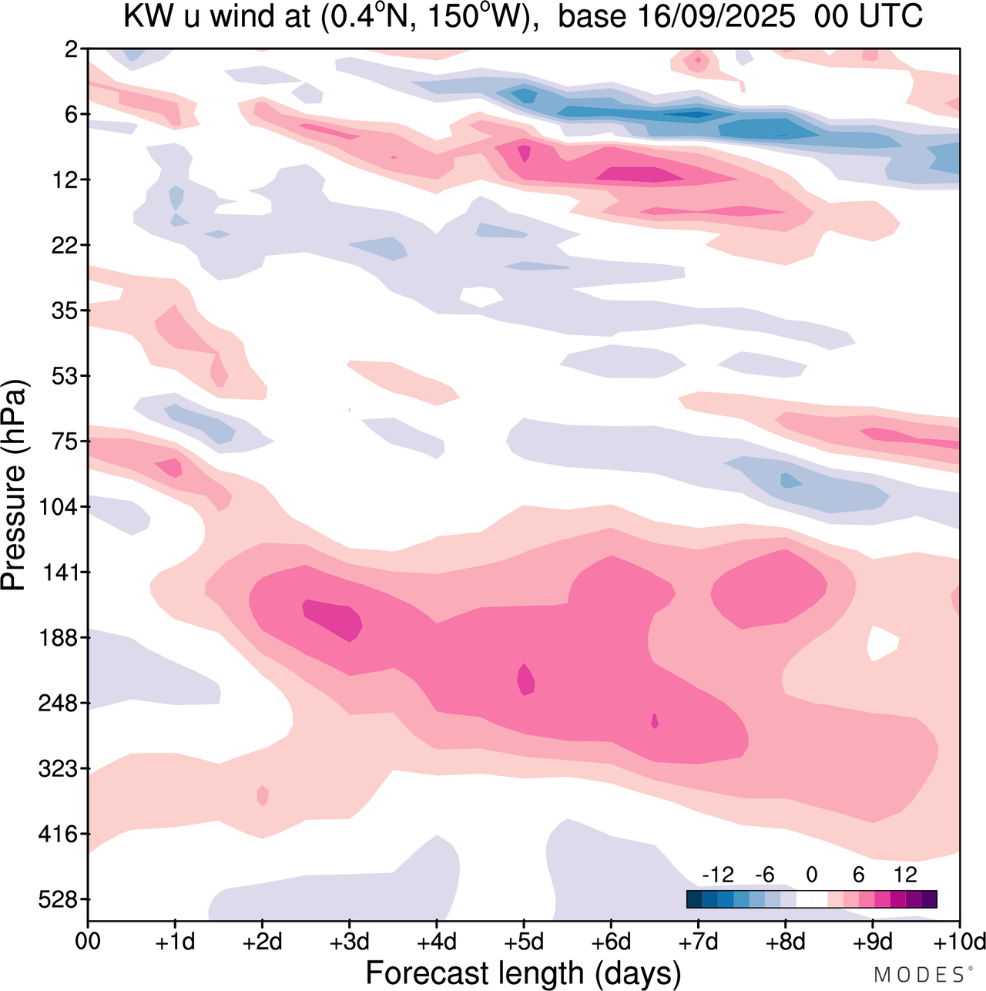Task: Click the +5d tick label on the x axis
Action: coord(524,942)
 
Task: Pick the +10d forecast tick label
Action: coord(960,942)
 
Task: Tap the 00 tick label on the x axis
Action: coord(88,942)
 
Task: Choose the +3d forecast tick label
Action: coord(349,942)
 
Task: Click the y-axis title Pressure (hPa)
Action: coord(14,485)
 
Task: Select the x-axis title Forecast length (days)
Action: coord(523,973)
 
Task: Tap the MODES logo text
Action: coord(919,975)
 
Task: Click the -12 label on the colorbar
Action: coord(719,875)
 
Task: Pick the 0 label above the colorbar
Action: coord(811,875)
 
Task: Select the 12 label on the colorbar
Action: coord(905,875)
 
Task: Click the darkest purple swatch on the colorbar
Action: coord(929,899)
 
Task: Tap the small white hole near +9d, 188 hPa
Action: coord(883,643)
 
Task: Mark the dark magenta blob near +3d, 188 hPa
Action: coord(333,619)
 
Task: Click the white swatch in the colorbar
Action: coord(811,899)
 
